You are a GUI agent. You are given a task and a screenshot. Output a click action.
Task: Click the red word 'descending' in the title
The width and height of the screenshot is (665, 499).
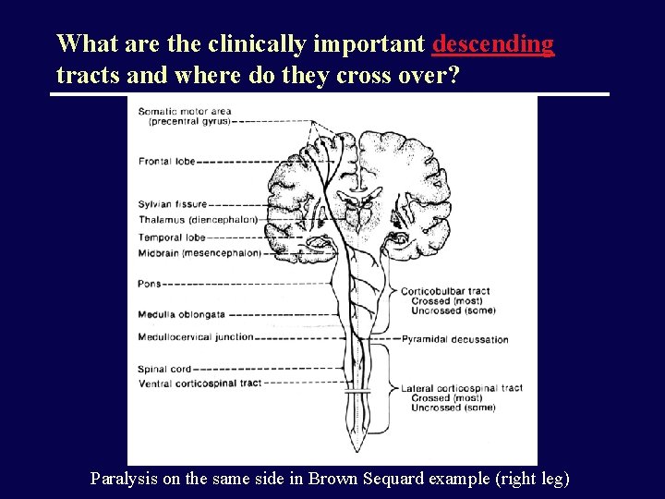coord(493,43)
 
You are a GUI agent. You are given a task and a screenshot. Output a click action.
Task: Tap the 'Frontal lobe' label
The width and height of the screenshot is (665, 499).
coord(167,162)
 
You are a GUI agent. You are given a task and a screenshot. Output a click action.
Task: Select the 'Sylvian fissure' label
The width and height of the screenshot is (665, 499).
coord(173,204)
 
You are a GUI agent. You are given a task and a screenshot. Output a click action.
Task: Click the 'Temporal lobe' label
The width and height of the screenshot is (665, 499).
coord(171,237)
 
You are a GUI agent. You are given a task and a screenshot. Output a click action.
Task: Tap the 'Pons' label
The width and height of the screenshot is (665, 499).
coord(150,284)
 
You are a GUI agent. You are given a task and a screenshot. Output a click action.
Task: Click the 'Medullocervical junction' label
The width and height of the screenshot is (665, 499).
coord(196,337)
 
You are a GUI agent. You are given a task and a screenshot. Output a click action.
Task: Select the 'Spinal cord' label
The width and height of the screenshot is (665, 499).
coord(164,370)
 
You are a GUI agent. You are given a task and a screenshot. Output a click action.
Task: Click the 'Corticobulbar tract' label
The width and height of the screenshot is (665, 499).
coord(444,291)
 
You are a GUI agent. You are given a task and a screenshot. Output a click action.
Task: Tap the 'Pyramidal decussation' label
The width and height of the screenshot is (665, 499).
coord(454,339)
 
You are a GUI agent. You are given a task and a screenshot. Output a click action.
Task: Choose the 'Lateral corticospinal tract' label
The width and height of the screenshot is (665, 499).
coord(462,388)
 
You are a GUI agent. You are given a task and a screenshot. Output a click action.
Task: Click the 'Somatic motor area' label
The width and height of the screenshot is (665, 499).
coord(185,112)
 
